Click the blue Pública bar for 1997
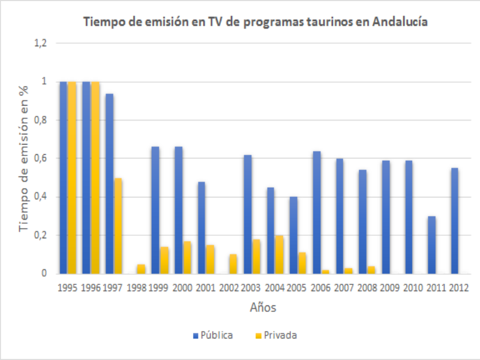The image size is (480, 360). (x=109, y=184)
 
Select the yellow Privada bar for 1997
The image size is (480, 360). (x=118, y=226)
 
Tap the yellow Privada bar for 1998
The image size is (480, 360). (x=141, y=269)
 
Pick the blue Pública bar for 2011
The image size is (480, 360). (x=431, y=245)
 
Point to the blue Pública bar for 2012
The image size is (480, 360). (x=455, y=221)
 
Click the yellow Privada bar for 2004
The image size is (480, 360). (x=280, y=254)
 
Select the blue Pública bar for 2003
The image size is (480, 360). (x=247, y=214)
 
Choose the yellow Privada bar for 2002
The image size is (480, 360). (x=233, y=264)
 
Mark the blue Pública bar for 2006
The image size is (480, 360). (x=316, y=212)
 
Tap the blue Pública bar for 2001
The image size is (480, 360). (x=202, y=227)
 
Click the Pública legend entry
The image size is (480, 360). (x=213, y=335)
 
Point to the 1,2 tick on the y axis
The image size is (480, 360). (x=41, y=43)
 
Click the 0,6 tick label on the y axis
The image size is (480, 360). (x=41, y=158)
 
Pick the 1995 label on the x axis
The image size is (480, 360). (x=67, y=288)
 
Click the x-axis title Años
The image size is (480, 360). (x=263, y=308)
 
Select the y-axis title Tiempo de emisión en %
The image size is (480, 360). (x=24, y=158)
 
